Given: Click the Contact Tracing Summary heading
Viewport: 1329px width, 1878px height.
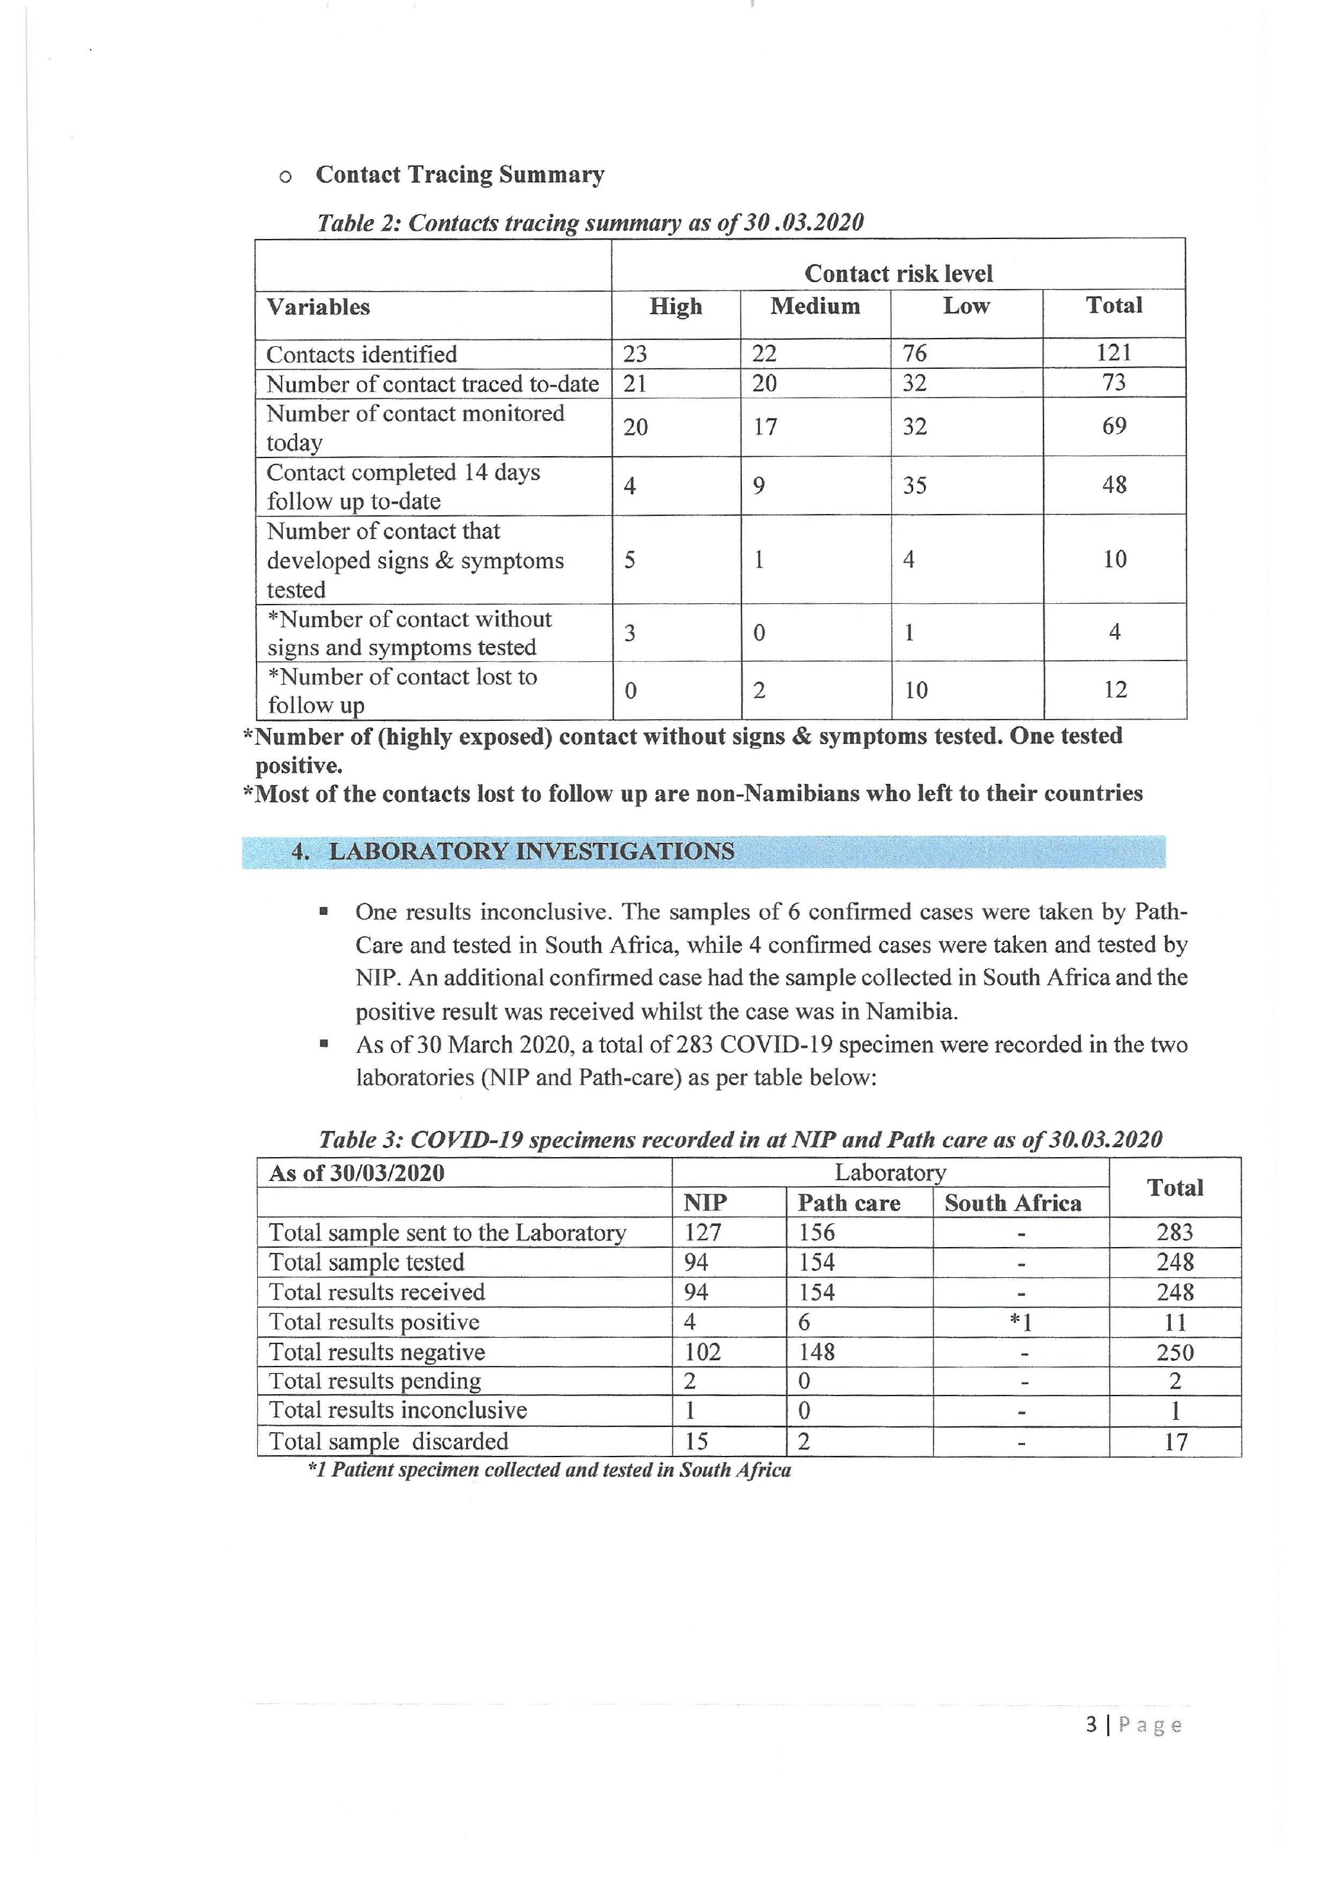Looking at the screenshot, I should click(x=459, y=174).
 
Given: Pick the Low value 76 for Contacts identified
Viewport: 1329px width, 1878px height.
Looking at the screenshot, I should click(x=914, y=353).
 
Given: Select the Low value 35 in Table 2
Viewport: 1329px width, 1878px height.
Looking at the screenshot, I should click(x=914, y=485).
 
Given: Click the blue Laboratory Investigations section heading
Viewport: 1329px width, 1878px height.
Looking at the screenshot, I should click(x=531, y=851).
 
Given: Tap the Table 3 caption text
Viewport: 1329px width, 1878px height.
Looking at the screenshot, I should click(x=740, y=1138).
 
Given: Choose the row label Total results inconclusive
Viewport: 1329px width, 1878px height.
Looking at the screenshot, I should click(x=398, y=1410).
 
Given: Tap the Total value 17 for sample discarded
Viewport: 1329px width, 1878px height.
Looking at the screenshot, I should click(x=1175, y=1441).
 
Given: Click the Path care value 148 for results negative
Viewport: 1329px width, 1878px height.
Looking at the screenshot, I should click(x=816, y=1351).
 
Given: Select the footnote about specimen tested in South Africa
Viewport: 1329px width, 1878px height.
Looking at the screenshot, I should click(x=549, y=1470).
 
